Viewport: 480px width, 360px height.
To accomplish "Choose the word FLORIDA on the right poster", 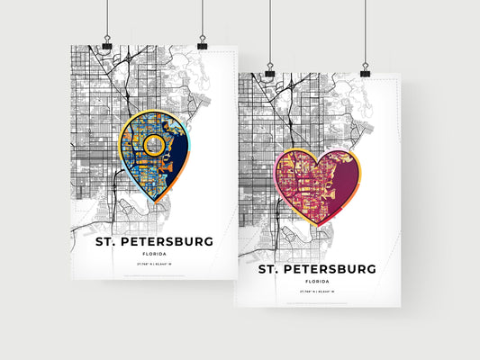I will [318, 282].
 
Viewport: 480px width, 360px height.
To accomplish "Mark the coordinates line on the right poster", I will [318, 293].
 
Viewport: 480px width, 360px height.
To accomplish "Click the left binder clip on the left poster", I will [106, 43].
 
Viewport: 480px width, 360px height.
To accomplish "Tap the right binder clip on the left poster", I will [202, 43].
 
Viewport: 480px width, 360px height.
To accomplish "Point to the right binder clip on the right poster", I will [365, 71].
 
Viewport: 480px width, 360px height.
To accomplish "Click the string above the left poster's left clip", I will [106, 18].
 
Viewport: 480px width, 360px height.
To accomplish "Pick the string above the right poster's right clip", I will [365, 31].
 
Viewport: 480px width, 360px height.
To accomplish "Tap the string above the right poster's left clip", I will [269, 31].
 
